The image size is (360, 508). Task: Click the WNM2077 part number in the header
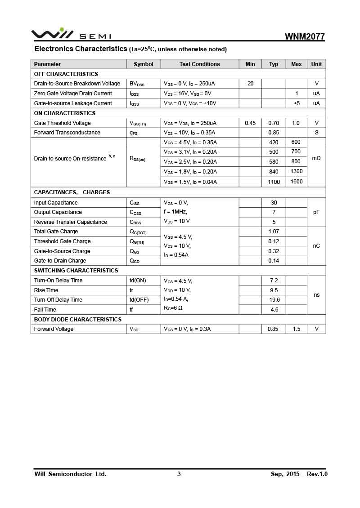(305, 36)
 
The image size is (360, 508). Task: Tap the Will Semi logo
(71, 35)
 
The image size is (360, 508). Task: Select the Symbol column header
(144, 64)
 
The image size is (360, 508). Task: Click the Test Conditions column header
(200, 64)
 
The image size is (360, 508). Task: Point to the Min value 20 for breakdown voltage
(250, 84)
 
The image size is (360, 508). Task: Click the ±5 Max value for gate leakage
(297, 103)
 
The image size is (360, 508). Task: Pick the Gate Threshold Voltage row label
(62, 123)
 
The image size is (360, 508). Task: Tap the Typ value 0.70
(274, 123)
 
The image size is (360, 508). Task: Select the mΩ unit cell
(316, 158)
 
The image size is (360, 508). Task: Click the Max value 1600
(297, 182)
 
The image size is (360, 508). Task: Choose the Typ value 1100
(274, 182)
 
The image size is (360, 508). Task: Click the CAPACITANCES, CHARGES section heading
(72, 192)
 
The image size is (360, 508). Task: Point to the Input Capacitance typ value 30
(274, 203)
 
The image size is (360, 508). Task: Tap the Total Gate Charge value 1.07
(274, 232)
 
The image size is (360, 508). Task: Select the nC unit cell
(316, 246)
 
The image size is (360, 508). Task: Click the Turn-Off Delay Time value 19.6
(274, 300)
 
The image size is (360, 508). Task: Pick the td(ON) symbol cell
(138, 281)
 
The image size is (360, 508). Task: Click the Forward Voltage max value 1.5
(297, 329)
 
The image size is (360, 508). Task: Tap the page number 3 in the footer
(179, 474)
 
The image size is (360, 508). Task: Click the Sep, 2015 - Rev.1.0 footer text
(299, 474)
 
